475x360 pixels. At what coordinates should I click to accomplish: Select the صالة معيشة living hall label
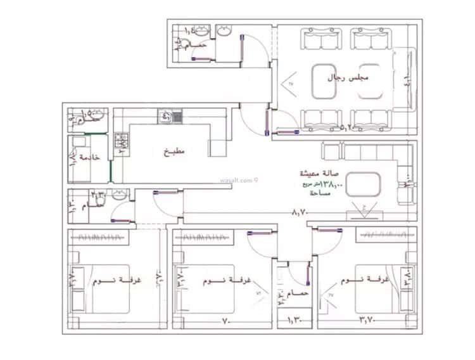[321, 172]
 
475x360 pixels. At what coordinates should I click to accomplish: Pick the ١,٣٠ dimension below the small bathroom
[296, 321]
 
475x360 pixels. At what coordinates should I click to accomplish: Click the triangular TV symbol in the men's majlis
[292, 84]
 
